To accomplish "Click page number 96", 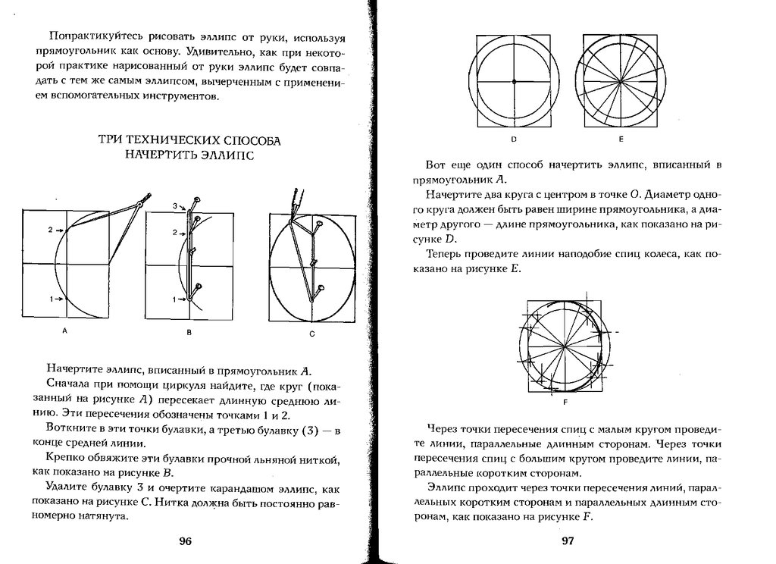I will tap(186, 540).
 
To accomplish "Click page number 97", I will tap(568, 540).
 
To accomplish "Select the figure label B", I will tap(189, 332).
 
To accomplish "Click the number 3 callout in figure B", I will tap(174, 205).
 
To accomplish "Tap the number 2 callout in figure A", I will tap(50, 229).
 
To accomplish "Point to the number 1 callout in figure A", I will tap(50, 299).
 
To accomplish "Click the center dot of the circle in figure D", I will tap(514, 80).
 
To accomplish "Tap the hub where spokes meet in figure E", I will tap(621, 80).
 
